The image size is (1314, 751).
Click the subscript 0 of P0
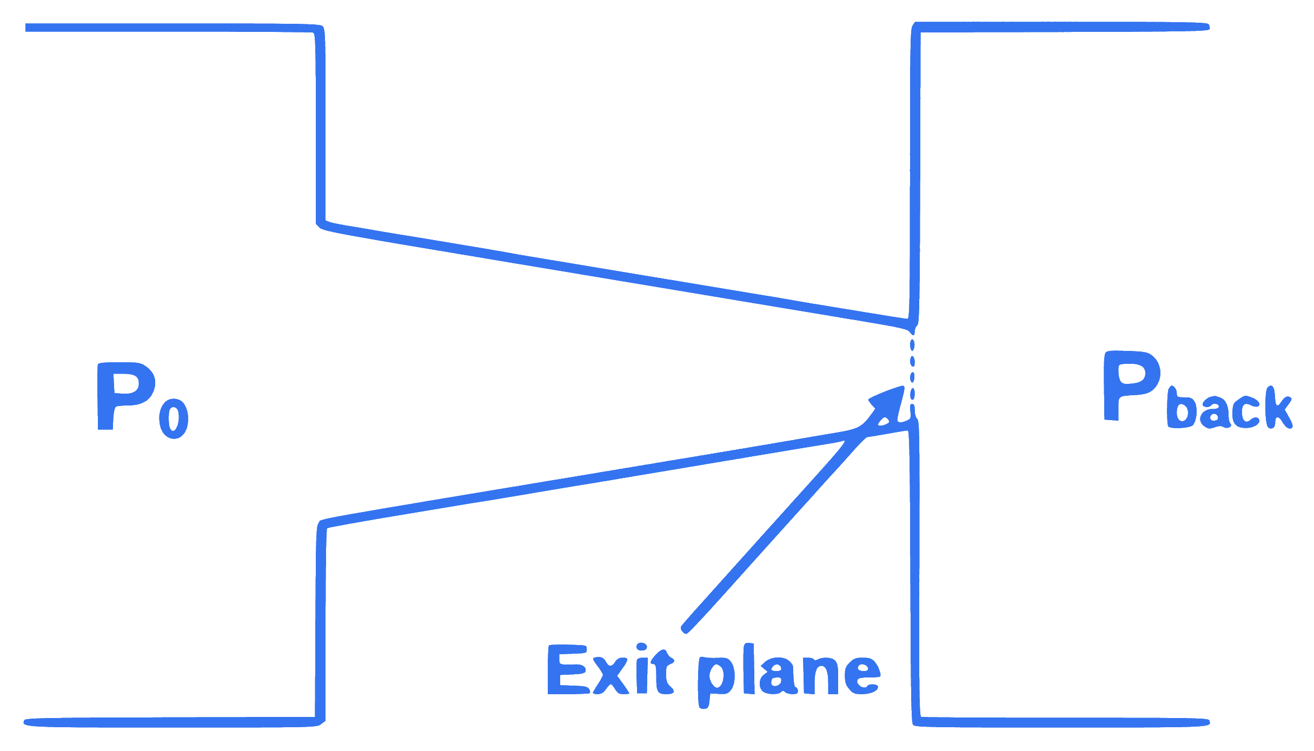(174, 418)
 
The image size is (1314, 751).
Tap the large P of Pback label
(1132, 386)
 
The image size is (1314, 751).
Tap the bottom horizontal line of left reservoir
(173, 722)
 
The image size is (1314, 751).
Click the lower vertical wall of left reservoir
(320, 622)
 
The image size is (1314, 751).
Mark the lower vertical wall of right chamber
(914, 573)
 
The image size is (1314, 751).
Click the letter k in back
(1278, 407)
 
